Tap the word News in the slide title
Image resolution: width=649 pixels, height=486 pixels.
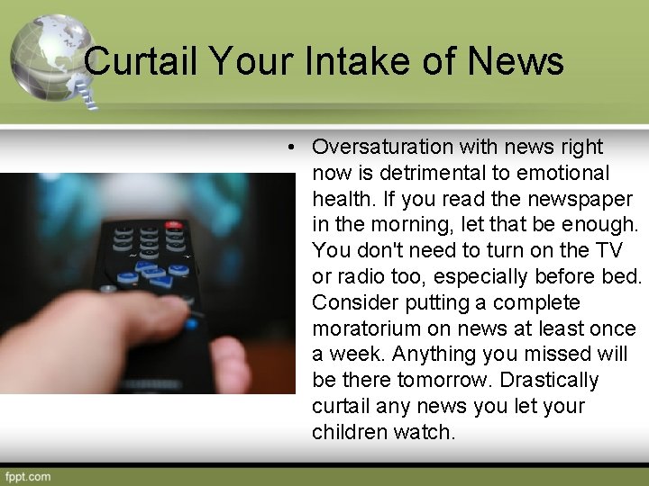tap(516, 62)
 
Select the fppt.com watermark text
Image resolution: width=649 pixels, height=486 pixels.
tap(28, 476)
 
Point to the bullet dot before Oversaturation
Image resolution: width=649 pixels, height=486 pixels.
tap(295, 147)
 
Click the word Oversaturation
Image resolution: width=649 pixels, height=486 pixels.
tap(382, 147)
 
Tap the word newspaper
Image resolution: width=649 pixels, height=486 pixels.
tap(586, 199)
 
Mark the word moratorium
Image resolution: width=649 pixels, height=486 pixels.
tap(370, 328)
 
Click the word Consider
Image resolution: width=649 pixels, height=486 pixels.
tap(353, 302)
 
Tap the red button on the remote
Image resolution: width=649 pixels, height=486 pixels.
tap(174, 225)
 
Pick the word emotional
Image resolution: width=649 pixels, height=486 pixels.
tap(566, 173)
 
